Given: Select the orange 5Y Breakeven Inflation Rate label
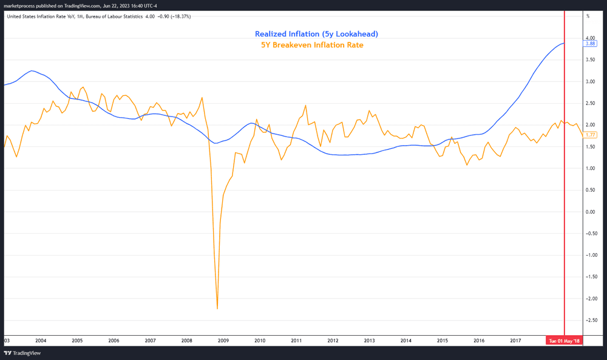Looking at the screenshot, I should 312,44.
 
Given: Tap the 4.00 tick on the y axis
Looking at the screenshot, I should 589,38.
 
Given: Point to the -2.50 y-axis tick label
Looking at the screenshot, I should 589,320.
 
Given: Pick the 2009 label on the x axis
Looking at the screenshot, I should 223,341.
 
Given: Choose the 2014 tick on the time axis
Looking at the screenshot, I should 406,341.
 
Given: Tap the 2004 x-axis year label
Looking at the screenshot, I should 41,341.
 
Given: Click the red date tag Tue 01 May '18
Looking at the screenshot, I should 564,341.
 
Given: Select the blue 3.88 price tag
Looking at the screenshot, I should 590,44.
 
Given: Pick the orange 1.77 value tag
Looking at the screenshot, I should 590,135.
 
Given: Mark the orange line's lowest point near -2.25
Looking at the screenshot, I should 217,309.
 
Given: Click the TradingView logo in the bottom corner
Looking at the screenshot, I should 19,353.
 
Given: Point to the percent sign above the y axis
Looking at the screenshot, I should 588,16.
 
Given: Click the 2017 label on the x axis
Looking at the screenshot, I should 515,341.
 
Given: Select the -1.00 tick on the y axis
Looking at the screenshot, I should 589,255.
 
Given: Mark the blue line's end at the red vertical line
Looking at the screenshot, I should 564,43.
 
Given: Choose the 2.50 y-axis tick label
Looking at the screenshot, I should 589,103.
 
